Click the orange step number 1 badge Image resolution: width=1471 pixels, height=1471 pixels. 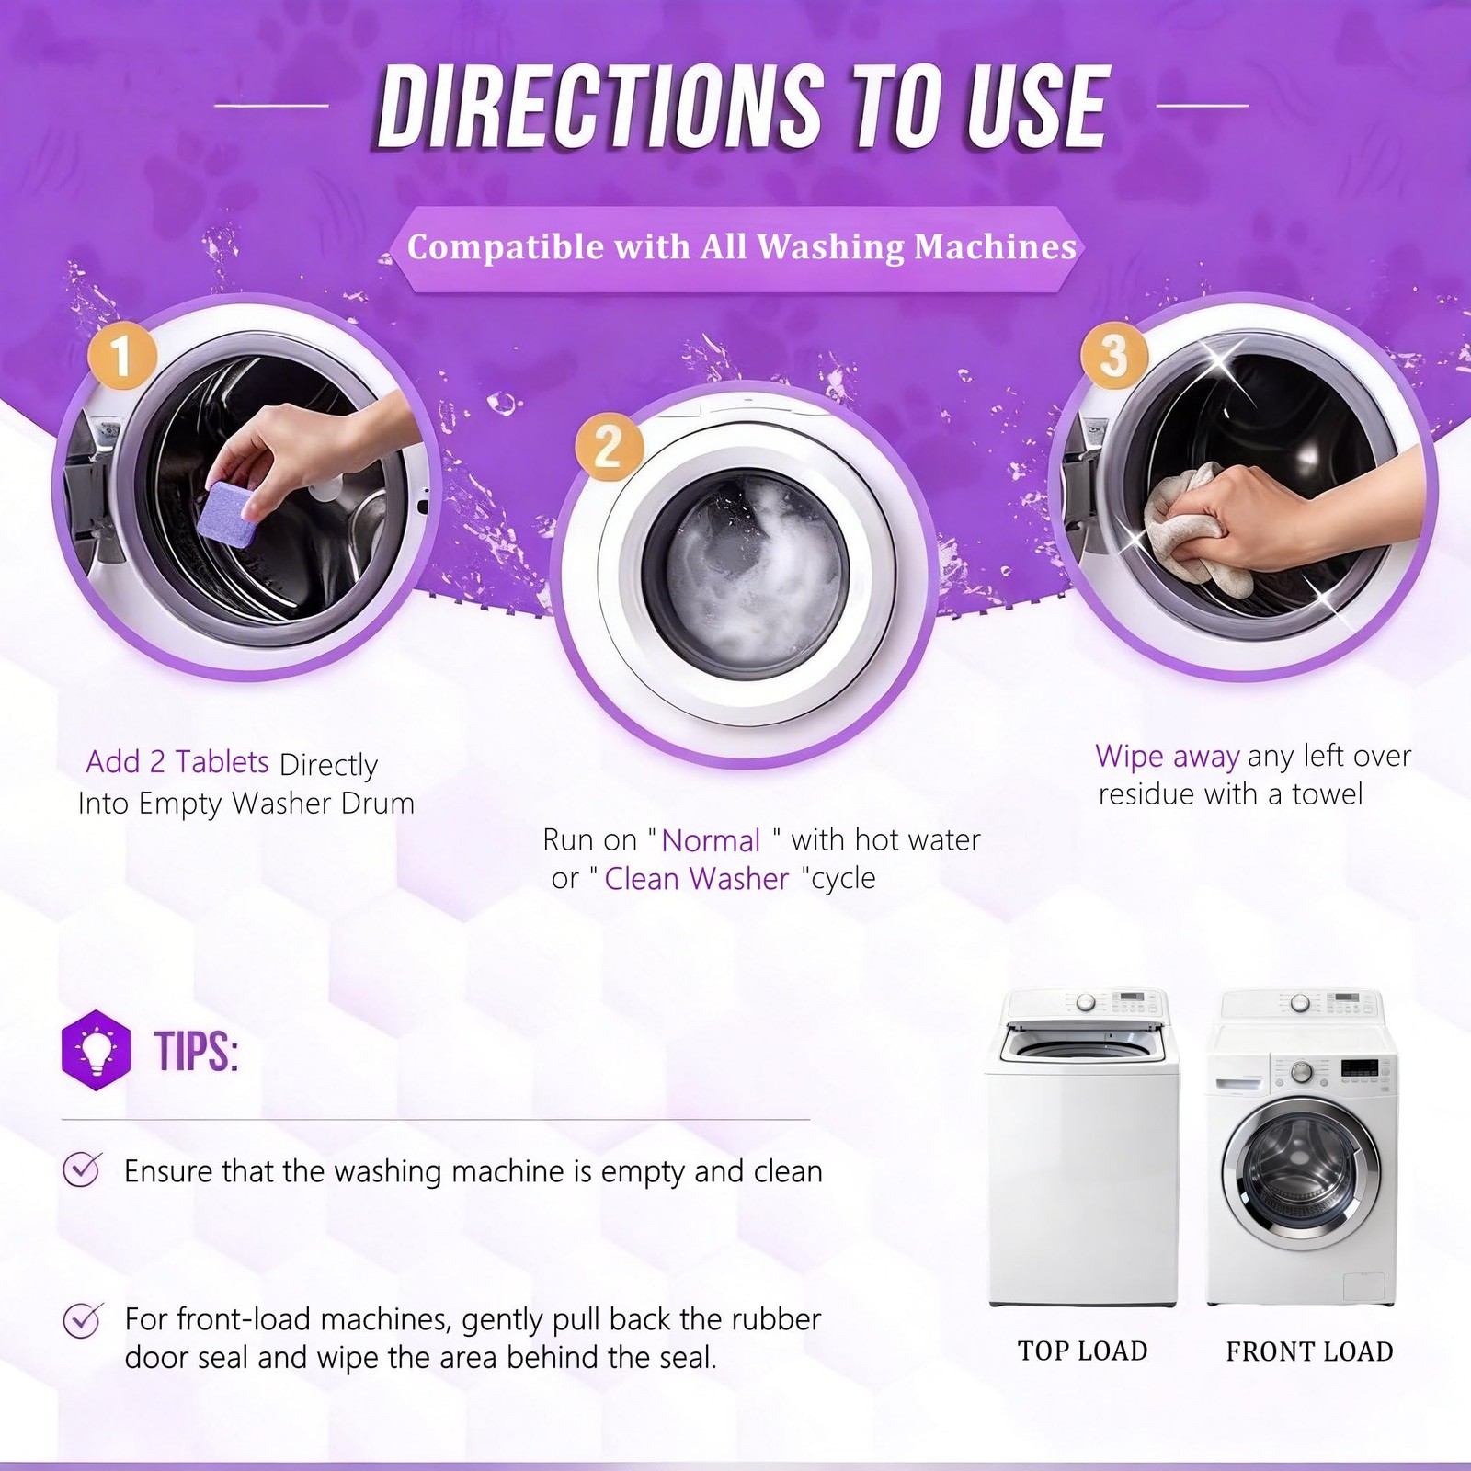click(x=122, y=353)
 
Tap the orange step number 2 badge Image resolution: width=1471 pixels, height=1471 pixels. click(x=609, y=447)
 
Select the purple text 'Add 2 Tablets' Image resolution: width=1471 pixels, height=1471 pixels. click(x=177, y=762)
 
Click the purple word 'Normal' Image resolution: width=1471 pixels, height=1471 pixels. click(x=711, y=840)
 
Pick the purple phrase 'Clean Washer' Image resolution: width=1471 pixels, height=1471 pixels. click(x=697, y=879)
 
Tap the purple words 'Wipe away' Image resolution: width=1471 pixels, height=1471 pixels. click(x=1168, y=757)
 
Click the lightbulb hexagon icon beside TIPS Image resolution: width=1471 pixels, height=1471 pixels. click(x=96, y=1049)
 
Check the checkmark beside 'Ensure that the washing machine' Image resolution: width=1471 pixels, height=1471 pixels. click(x=82, y=1169)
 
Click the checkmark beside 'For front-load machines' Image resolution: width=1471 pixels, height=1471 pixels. click(x=82, y=1320)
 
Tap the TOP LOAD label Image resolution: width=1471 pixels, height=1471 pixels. click(x=1083, y=1351)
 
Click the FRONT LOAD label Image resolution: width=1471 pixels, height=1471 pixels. click(x=1310, y=1351)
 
